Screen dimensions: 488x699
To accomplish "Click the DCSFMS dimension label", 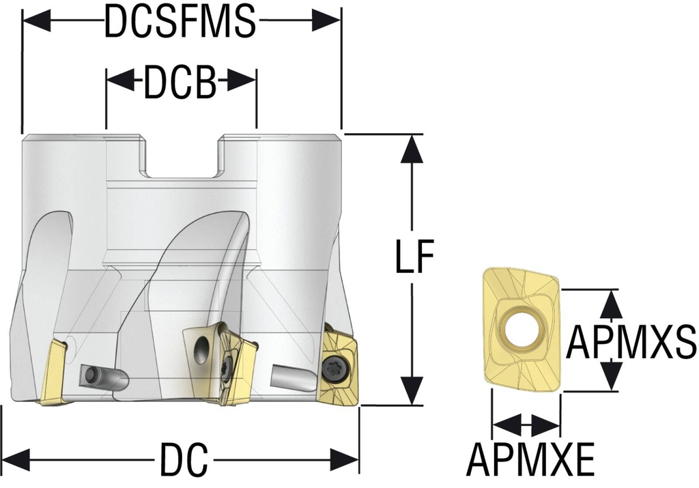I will click(180, 23).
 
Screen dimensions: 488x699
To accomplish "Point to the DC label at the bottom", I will click(184, 461).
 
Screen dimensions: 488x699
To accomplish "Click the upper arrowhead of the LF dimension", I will click(411, 149).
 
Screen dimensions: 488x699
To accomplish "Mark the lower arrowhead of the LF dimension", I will click(411, 390).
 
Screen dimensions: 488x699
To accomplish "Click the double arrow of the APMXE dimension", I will click(526, 425).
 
